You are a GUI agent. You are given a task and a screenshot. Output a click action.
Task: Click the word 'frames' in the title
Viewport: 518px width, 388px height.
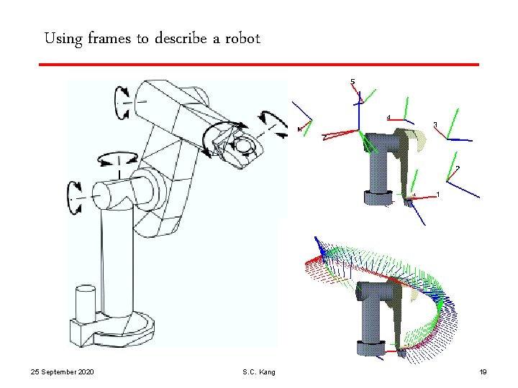[x=109, y=38]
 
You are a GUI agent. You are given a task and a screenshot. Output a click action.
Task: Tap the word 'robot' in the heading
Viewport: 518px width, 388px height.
[x=243, y=38]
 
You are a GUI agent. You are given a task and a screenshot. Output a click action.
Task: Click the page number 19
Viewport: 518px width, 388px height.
[x=483, y=372]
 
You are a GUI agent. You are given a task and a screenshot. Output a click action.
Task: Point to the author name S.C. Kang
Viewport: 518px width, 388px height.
[x=259, y=372]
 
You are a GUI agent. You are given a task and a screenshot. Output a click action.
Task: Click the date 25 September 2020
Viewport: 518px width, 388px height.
[x=62, y=372]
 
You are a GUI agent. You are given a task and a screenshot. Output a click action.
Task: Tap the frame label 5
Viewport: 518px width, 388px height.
[x=353, y=81]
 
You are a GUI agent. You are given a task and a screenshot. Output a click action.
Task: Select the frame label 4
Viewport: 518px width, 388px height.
[x=388, y=117]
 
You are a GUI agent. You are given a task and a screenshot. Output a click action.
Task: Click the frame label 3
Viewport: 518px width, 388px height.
[x=435, y=124]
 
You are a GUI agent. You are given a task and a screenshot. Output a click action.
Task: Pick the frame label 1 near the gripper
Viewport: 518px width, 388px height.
[x=438, y=195]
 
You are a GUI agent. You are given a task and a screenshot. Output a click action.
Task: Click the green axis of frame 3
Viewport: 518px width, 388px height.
[x=453, y=124]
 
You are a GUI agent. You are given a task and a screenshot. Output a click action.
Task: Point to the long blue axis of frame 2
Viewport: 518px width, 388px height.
[x=463, y=190]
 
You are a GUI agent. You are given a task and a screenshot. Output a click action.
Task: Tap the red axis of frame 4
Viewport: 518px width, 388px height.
[x=396, y=120]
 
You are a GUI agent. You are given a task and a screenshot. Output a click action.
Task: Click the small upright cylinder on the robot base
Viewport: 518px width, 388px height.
[x=86, y=304]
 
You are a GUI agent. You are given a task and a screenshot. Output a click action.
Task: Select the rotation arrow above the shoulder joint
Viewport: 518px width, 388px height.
[x=117, y=158]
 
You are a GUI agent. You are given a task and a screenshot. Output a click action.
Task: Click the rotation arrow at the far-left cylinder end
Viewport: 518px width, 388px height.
[x=74, y=198]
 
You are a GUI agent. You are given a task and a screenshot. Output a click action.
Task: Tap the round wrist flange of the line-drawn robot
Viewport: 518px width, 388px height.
[x=244, y=144]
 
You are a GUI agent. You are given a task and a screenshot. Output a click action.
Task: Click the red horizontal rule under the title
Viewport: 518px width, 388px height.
[x=259, y=65]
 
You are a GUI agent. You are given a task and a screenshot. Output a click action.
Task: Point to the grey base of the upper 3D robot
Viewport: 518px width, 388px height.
[x=379, y=198]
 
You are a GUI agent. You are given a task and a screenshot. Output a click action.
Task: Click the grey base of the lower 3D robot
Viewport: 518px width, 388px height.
[x=371, y=348]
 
